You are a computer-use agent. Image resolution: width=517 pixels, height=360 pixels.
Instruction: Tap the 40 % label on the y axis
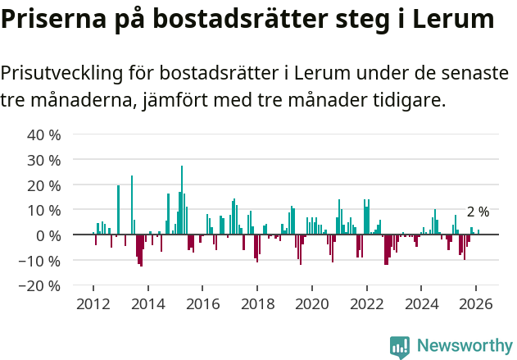(44, 134)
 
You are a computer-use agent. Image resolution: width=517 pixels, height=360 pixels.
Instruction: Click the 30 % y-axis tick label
(44, 160)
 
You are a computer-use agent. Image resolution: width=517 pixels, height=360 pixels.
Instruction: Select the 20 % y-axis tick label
(44, 185)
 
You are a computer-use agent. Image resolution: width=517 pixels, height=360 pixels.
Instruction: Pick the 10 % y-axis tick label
(44, 211)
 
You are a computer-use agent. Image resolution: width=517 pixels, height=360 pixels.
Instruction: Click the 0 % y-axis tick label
(48, 235)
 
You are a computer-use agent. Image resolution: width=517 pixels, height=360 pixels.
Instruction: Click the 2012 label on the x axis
(93, 303)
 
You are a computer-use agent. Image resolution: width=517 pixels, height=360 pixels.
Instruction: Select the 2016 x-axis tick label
(202, 303)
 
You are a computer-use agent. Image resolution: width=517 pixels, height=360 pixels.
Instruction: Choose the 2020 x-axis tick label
(311, 303)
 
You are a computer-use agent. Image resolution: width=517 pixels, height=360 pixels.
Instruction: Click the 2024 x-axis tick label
(421, 303)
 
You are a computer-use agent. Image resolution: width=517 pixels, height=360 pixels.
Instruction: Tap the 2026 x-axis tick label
(476, 303)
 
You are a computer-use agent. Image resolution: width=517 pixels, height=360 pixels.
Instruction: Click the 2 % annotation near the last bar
(478, 212)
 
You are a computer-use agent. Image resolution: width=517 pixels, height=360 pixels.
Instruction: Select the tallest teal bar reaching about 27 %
(182, 201)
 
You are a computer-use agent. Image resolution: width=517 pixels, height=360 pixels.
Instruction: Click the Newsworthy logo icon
(400, 346)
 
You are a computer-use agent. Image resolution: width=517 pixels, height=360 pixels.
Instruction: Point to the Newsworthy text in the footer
(465, 346)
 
